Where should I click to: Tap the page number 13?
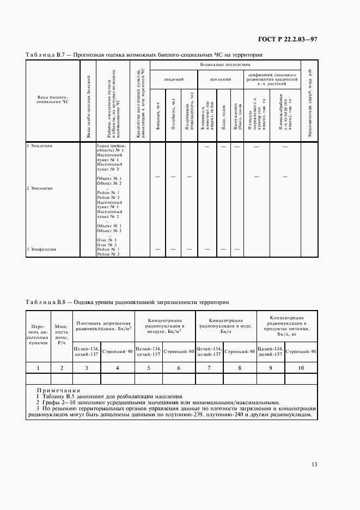click(x=314, y=464)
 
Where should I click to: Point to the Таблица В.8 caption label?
click(x=46, y=302)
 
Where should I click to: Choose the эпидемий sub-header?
click(x=174, y=80)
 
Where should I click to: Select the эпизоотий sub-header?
click(x=221, y=80)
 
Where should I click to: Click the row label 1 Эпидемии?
click(x=40, y=146)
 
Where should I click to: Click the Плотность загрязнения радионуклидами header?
click(x=103, y=326)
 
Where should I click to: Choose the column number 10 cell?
click(x=301, y=368)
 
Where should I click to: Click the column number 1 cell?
click(x=39, y=368)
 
